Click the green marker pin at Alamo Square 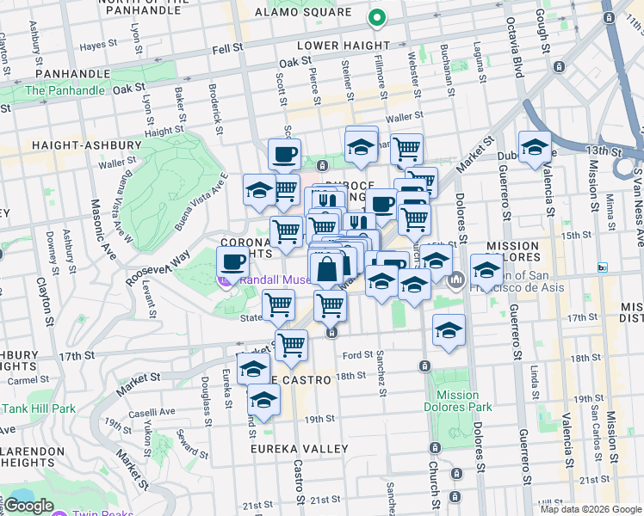[x=376, y=17]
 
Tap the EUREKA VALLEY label [x=300, y=449]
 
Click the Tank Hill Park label [x=41, y=408]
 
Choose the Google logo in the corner [x=28, y=506]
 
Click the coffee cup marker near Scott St [x=284, y=156]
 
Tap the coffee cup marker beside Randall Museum [x=231, y=262]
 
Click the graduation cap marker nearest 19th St [x=263, y=400]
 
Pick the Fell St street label [x=227, y=49]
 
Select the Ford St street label [x=357, y=354]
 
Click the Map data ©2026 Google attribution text [x=591, y=508]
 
